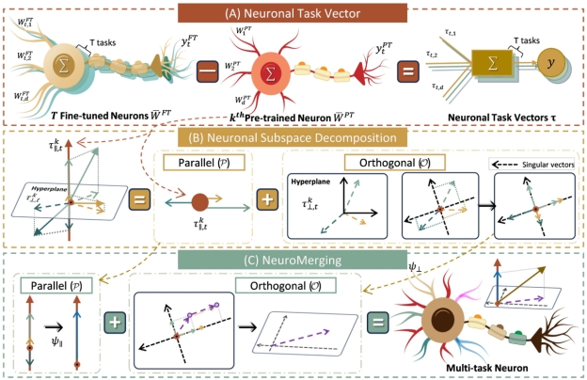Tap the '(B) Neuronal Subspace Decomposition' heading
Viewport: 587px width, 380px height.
(x=293, y=136)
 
